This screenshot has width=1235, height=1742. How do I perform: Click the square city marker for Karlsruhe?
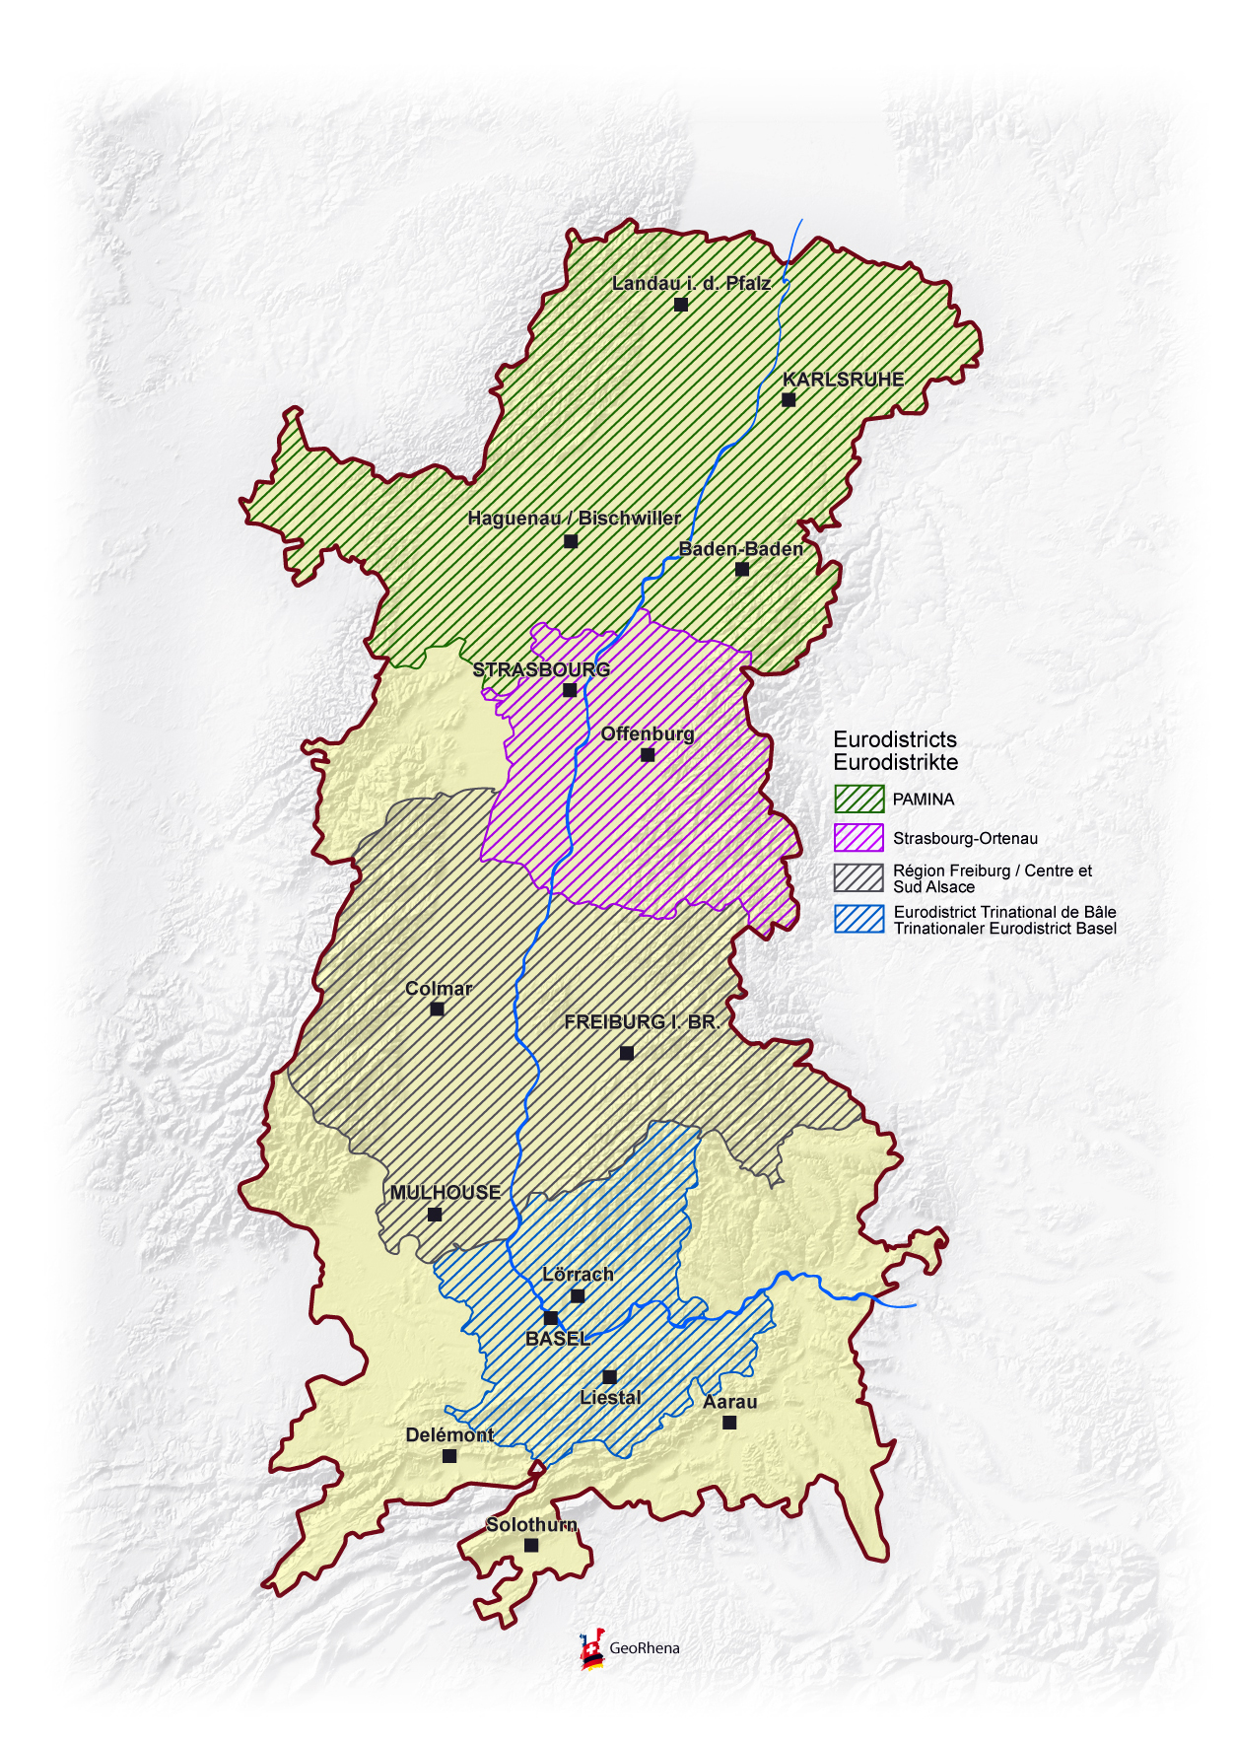(789, 399)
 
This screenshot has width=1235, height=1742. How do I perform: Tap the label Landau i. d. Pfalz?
(691, 284)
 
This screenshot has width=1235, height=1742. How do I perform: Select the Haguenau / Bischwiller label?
(574, 519)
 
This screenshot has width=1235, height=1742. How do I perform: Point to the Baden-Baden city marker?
(742, 569)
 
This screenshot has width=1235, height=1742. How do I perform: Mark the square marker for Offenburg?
(648, 754)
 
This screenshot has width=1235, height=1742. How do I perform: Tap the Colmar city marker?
(438, 1009)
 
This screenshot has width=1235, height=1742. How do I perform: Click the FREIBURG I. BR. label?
(642, 1022)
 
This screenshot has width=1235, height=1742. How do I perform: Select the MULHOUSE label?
(446, 1193)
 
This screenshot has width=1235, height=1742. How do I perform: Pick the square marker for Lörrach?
(578, 1295)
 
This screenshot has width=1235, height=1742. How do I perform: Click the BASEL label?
(558, 1339)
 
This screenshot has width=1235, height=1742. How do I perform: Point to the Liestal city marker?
(610, 1376)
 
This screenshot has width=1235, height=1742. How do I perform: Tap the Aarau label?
(730, 1402)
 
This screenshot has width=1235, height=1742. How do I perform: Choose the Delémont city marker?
(449, 1455)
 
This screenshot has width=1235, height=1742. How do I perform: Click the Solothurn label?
(531, 1525)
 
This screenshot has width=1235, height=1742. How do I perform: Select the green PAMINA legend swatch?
(858, 799)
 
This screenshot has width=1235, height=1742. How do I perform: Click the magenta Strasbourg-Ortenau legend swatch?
(858, 838)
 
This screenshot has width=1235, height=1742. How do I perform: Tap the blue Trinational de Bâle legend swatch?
(858, 919)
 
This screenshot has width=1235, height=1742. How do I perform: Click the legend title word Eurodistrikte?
(895, 762)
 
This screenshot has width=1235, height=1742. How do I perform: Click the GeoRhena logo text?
(644, 1648)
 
